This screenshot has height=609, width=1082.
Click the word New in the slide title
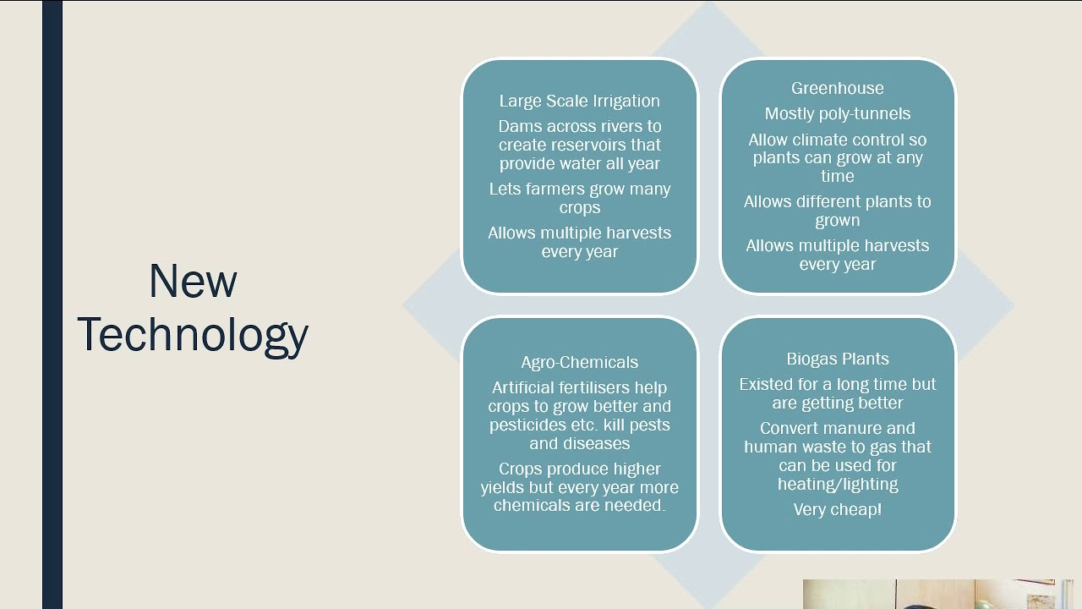pyautogui.click(x=193, y=282)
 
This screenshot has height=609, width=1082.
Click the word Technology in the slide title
pyautogui.click(x=193, y=334)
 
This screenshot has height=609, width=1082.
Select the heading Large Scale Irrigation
pyautogui.click(x=579, y=101)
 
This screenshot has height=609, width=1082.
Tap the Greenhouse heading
pyautogui.click(x=837, y=88)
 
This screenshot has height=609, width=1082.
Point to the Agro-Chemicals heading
pyautogui.click(x=579, y=362)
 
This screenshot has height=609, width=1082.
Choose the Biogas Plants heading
pyautogui.click(x=837, y=359)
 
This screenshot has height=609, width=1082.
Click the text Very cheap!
pyautogui.click(x=837, y=509)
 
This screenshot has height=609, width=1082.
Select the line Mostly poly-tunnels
pyautogui.click(x=837, y=113)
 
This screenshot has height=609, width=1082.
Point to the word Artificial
pyautogui.click(x=523, y=387)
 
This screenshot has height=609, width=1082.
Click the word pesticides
pyautogui.click(x=525, y=425)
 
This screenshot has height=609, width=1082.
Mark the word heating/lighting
pyautogui.click(x=837, y=484)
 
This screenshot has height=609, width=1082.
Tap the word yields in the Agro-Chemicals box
pyautogui.click(x=505, y=487)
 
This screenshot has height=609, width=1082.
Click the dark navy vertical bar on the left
pyautogui.click(x=52, y=304)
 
